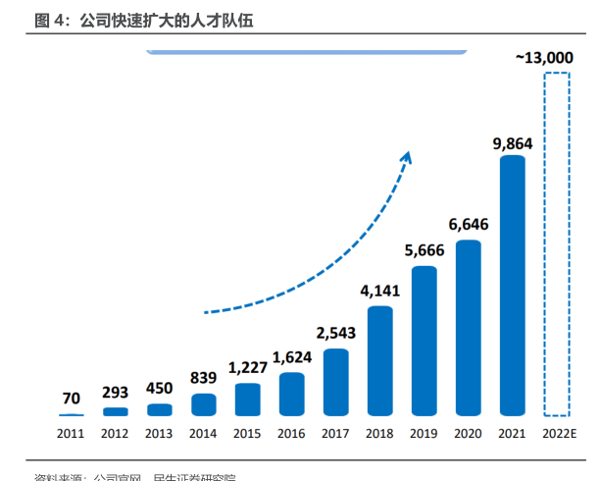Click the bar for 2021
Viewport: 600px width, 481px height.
[x=513, y=285]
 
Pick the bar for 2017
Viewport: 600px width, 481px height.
[x=335, y=382]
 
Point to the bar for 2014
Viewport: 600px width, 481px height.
[x=203, y=404]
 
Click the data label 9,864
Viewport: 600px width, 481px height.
[x=513, y=143]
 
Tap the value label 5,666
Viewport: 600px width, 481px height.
[x=424, y=250]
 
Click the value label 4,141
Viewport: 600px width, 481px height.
[x=379, y=291]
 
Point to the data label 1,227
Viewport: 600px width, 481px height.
[x=248, y=368]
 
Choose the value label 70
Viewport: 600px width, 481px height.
[x=71, y=399]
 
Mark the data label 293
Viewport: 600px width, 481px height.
[x=115, y=393]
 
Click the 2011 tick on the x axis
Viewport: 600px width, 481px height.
[x=71, y=433]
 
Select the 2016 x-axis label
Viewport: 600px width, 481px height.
[x=291, y=433]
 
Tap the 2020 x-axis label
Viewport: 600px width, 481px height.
[x=468, y=433]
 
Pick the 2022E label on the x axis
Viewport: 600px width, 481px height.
[x=557, y=433]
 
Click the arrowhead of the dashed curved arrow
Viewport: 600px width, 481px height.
[x=408, y=157]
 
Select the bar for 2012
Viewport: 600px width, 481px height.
[x=115, y=411]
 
